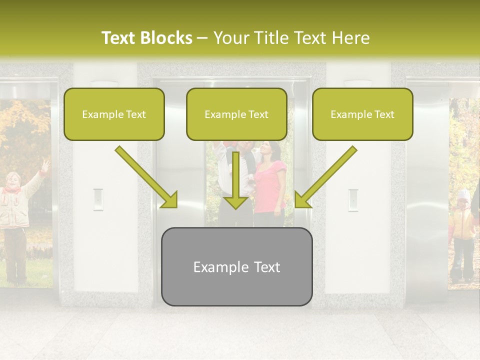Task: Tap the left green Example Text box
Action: (x=114, y=114)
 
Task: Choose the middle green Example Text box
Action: (x=236, y=114)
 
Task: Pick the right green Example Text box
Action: (x=362, y=114)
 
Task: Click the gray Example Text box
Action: (x=236, y=266)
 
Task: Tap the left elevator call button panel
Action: (x=98, y=199)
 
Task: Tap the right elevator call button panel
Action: (x=353, y=199)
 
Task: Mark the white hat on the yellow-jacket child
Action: (x=464, y=194)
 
